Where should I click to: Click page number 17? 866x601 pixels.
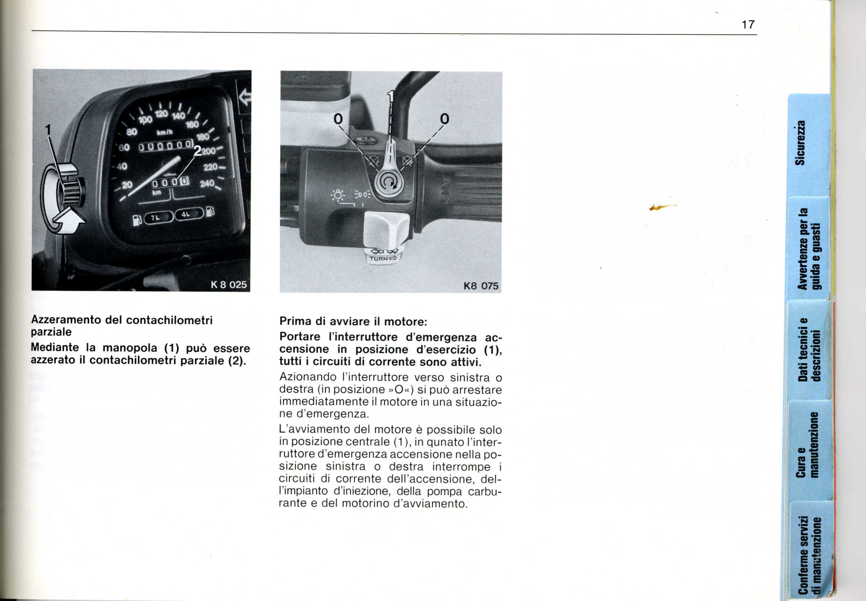tap(748, 25)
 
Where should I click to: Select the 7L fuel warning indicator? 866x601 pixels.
tap(156, 218)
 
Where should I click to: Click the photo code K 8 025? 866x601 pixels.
tap(228, 284)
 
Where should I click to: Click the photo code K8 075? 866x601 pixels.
tap(481, 286)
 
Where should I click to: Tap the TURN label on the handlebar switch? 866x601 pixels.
tap(379, 259)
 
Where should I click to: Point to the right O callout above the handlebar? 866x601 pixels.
tap(445, 119)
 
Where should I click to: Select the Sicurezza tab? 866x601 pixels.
tap(801, 143)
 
